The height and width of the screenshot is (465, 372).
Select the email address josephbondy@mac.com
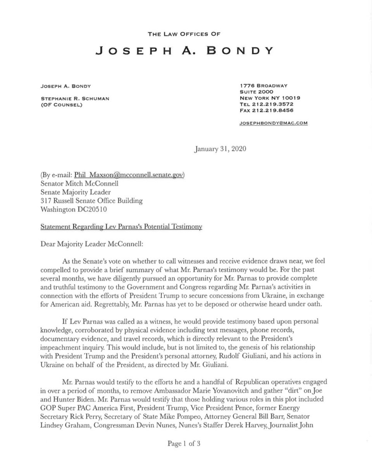click(x=273, y=123)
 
